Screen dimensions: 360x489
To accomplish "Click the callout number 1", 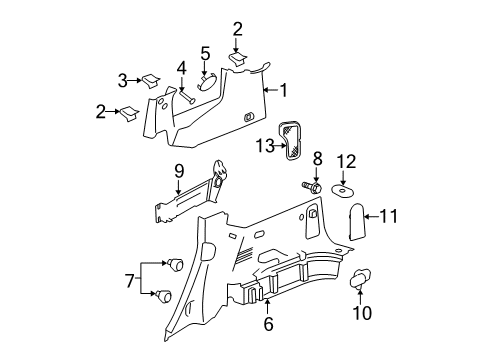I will pyautogui.click(x=283, y=91).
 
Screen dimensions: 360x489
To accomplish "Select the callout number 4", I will pyautogui.click(x=181, y=69).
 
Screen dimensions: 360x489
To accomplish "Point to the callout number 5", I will pyautogui.click(x=204, y=53).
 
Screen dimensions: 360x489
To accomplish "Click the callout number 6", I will pyautogui.click(x=267, y=324).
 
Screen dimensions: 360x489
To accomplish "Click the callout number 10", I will pyautogui.click(x=362, y=314).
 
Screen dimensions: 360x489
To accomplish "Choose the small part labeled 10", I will pyautogui.click(x=360, y=280).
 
